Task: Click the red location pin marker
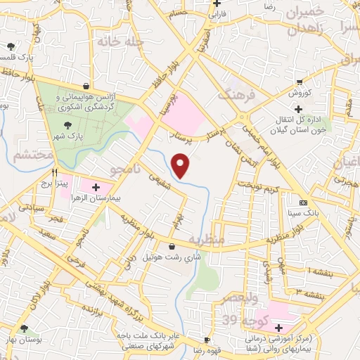click(x=181, y=165)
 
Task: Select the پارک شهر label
click(x=70, y=134)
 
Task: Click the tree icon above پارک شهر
click(x=68, y=124)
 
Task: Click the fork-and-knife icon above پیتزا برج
click(x=53, y=171)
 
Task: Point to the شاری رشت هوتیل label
click(x=173, y=257)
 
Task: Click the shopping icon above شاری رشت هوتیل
click(x=173, y=246)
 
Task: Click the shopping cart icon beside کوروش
click(x=300, y=82)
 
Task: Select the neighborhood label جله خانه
click(x=120, y=42)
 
